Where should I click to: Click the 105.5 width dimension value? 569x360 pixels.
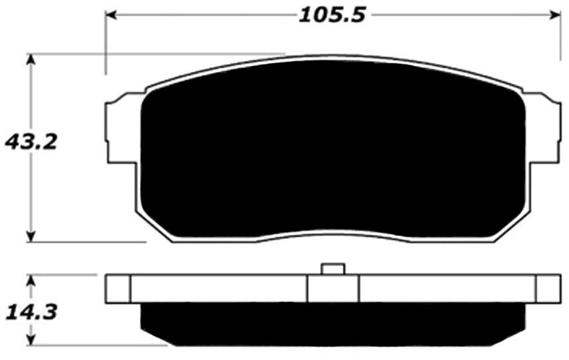(x=332, y=15)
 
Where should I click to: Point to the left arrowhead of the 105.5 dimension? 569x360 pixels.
(x=112, y=15)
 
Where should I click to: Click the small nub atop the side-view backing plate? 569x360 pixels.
(x=332, y=269)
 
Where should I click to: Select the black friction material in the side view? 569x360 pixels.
(x=332, y=323)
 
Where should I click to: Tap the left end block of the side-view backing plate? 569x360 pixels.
(x=118, y=288)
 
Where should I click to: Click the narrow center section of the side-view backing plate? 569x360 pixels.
(x=332, y=288)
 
